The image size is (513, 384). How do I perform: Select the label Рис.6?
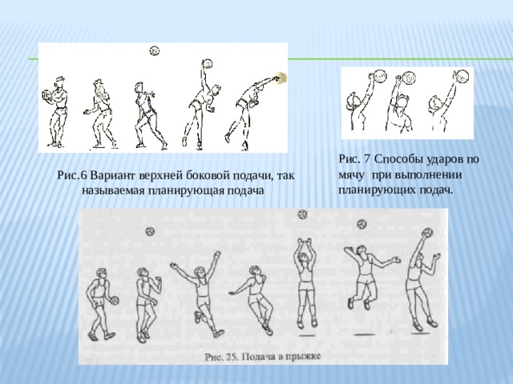click(72, 175)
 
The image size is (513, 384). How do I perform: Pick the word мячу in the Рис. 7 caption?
click(351, 175)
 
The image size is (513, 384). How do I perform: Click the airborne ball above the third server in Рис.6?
click(155, 51)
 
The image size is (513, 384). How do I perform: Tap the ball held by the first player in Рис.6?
click(46, 94)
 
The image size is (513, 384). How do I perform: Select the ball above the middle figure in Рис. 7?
click(410, 78)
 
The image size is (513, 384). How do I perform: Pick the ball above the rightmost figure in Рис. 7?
click(462, 76)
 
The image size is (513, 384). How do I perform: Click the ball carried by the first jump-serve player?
click(115, 301)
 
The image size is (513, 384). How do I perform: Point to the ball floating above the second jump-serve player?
click(150, 231)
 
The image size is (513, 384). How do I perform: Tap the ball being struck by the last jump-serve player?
click(427, 233)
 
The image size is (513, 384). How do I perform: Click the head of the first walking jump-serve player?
click(102, 274)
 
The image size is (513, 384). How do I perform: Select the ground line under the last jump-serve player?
click(420, 334)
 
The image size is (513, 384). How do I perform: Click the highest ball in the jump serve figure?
click(302, 214)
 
